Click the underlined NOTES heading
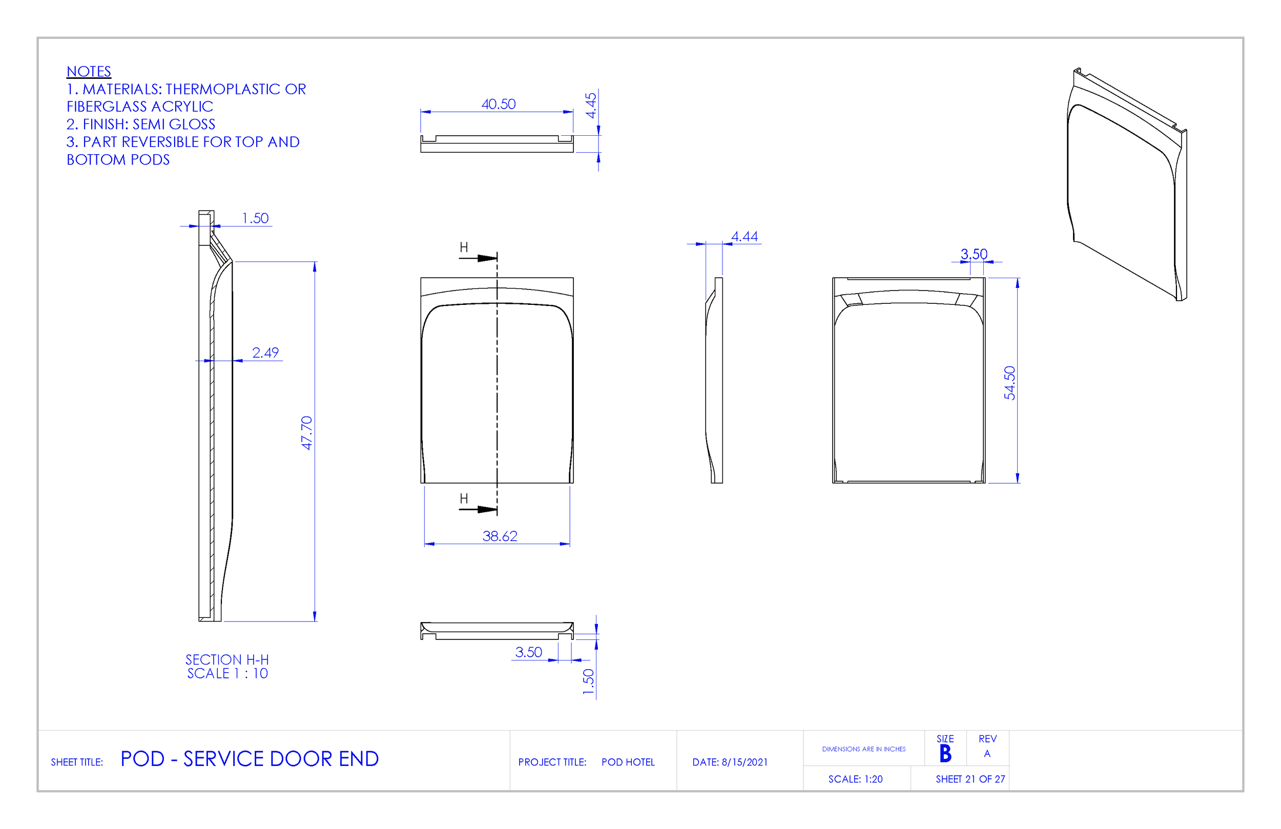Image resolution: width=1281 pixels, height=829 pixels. pyautogui.click(x=89, y=72)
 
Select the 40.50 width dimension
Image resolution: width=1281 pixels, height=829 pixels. pyautogui.click(x=499, y=104)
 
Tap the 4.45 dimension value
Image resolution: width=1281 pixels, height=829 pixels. pyautogui.click(x=591, y=106)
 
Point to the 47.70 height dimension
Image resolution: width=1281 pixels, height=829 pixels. pyautogui.click(x=307, y=433)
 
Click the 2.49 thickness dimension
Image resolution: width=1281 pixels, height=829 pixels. pyautogui.click(x=265, y=353)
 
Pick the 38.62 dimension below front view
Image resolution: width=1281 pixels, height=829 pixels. pyautogui.click(x=500, y=536)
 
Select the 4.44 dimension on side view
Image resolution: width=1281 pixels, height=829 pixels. pyautogui.click(x=745, y=236)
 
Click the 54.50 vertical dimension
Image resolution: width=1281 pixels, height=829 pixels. pyautogui.click(x=1010, y=383)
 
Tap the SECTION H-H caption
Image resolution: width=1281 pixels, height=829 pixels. pyautogui.click(x=227, y=659)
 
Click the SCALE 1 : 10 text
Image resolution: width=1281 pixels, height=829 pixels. pyautogui.click(x=227, y=673)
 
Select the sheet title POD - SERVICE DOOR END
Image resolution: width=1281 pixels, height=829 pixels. pyautogui.click(x=249, y=759)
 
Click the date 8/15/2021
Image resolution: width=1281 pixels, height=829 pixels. pyautogui.click(x=745, y=762)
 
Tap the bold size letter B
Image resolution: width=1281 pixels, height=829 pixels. pyautogui.click(x=945, y=754)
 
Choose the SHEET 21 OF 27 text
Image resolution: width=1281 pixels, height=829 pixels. pyautogui.click(x=970, y=779)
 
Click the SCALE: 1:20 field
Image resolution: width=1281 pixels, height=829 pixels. pyautogui.click(x=855, y=779)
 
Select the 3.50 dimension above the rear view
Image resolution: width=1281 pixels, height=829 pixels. pyautogui.click(x=974, y=254)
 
